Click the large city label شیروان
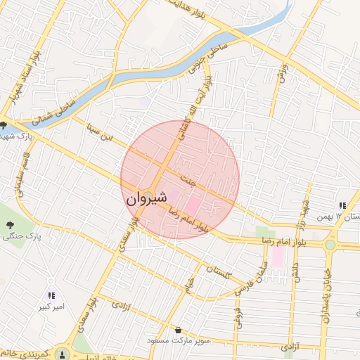[x=147, y=199]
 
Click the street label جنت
[x=188, y=180]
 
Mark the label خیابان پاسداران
[x=326, y=296]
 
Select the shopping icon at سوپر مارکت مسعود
[x=179, y=330]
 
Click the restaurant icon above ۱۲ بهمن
[x=342, y=205]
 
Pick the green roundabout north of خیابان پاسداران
[x=330, y=244]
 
